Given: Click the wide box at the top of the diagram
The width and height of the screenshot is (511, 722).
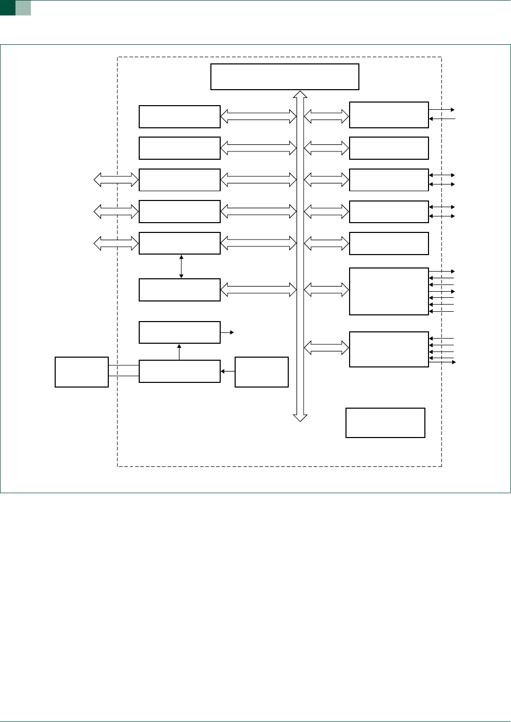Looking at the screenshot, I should tap(285, 77).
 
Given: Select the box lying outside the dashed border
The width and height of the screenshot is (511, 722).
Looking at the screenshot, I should tap(81, 372).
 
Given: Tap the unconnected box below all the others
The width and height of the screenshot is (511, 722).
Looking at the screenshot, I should tap(385, 423).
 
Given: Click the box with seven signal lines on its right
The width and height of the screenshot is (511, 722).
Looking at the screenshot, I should tap(389, 291).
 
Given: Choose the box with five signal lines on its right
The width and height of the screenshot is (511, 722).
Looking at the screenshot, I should tap(389, 349).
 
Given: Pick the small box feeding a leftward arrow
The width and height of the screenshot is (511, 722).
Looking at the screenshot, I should tap(261, 372).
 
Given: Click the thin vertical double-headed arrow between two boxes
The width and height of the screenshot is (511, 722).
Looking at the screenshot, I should tap(182, 266).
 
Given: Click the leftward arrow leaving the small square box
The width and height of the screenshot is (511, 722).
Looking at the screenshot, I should tap(227, 371).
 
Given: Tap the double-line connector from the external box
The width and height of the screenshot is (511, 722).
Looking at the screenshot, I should tap(124, 371).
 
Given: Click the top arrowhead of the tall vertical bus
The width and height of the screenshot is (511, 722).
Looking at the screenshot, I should tap(300, 94).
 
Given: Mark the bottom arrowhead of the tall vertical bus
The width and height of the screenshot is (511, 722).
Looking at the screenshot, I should tap(300, 417).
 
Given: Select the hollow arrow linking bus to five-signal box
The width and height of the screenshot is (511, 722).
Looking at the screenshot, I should tap(326, 348).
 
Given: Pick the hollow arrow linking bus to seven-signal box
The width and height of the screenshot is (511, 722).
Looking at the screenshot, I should tap(326, 291).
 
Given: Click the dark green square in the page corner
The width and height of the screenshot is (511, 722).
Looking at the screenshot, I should tap(7, 7).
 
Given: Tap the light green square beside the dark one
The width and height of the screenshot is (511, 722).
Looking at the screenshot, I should tap(23, 7).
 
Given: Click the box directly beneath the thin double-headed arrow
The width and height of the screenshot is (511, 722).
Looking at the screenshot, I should tap(179, 290).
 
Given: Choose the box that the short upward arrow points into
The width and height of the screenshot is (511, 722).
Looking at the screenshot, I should tap(179, 332).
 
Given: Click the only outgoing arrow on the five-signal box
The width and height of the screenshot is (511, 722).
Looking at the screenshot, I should tap(442, 362).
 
